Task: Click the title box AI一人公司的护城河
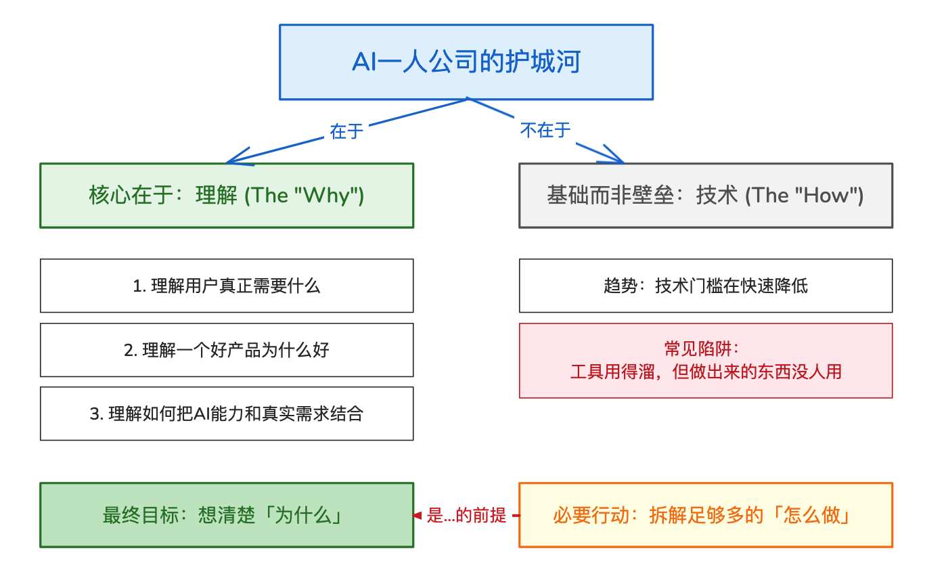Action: point(466,62)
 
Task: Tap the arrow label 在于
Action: point(346,131)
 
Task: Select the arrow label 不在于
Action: point(545,130)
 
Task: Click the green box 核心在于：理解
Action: point(227,196)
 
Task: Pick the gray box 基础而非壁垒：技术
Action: point(705,196)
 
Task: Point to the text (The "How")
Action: point(804,196)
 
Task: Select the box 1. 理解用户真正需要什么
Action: point(227,286)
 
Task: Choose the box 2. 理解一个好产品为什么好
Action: point(227,350)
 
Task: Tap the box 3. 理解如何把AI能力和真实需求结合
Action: point(227,414)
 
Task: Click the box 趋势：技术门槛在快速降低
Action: point(705,286)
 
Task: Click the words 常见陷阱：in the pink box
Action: point(705,349)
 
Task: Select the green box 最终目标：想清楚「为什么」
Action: point(227,515)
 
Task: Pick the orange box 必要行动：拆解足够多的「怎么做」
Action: point(705,515)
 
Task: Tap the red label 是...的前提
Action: point(466,516)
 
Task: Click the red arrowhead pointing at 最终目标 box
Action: point(418,516)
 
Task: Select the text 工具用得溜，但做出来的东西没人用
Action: point(705,372)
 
